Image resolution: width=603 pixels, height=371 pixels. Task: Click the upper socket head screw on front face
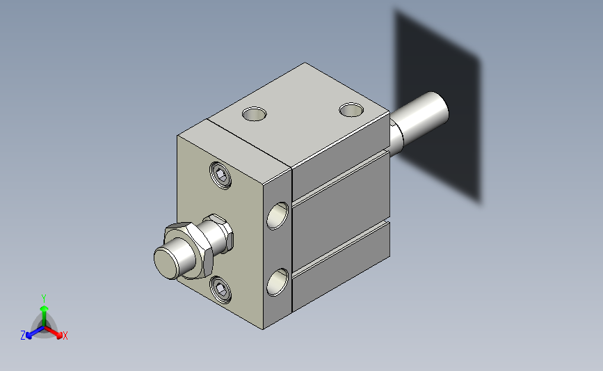(x=220, y=175)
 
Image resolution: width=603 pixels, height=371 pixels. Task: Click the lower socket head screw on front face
(x=220, y=289)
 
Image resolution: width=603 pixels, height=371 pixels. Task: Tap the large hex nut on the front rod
(x=188, y=249)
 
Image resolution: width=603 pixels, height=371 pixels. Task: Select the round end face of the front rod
(x=166, y=262)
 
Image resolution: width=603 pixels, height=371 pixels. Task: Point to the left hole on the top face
(x=255, y=114)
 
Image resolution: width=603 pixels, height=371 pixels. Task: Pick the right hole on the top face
(x=351, y=110)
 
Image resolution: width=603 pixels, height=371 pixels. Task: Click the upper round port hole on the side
(x=278, y=216)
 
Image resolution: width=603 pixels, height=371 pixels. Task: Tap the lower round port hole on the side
(x=278, y=282)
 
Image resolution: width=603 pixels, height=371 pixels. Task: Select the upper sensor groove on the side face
(x=341, y=177)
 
